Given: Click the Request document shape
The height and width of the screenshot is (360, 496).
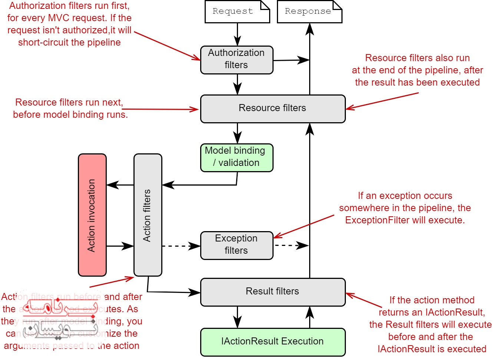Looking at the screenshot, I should coord(237,11).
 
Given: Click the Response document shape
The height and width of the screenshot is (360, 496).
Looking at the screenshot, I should coord(310,11).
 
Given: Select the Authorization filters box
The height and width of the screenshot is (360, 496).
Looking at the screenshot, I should coord(237,60).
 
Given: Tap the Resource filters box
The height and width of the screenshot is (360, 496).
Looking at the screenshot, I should coord(273,109).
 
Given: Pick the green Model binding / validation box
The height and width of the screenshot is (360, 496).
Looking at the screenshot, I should coord(237,157).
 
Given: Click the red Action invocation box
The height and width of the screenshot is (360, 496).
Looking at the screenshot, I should coord(92,215).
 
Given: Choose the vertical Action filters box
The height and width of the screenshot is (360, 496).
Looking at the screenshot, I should coord(148,215).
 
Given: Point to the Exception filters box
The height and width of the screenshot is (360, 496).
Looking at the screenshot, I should coord(237,245).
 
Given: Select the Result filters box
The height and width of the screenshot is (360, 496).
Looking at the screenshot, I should coord(273,292).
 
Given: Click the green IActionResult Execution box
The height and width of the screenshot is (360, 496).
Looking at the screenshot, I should coord(273,341).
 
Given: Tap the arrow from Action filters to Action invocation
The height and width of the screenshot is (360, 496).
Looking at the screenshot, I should coord(120,185).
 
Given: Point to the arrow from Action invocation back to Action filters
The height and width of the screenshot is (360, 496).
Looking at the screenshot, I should coord(120,246).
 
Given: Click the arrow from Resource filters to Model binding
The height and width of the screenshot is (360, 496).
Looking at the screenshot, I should coord(238,133).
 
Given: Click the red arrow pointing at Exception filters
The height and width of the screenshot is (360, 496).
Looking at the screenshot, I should coord(304,226).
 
